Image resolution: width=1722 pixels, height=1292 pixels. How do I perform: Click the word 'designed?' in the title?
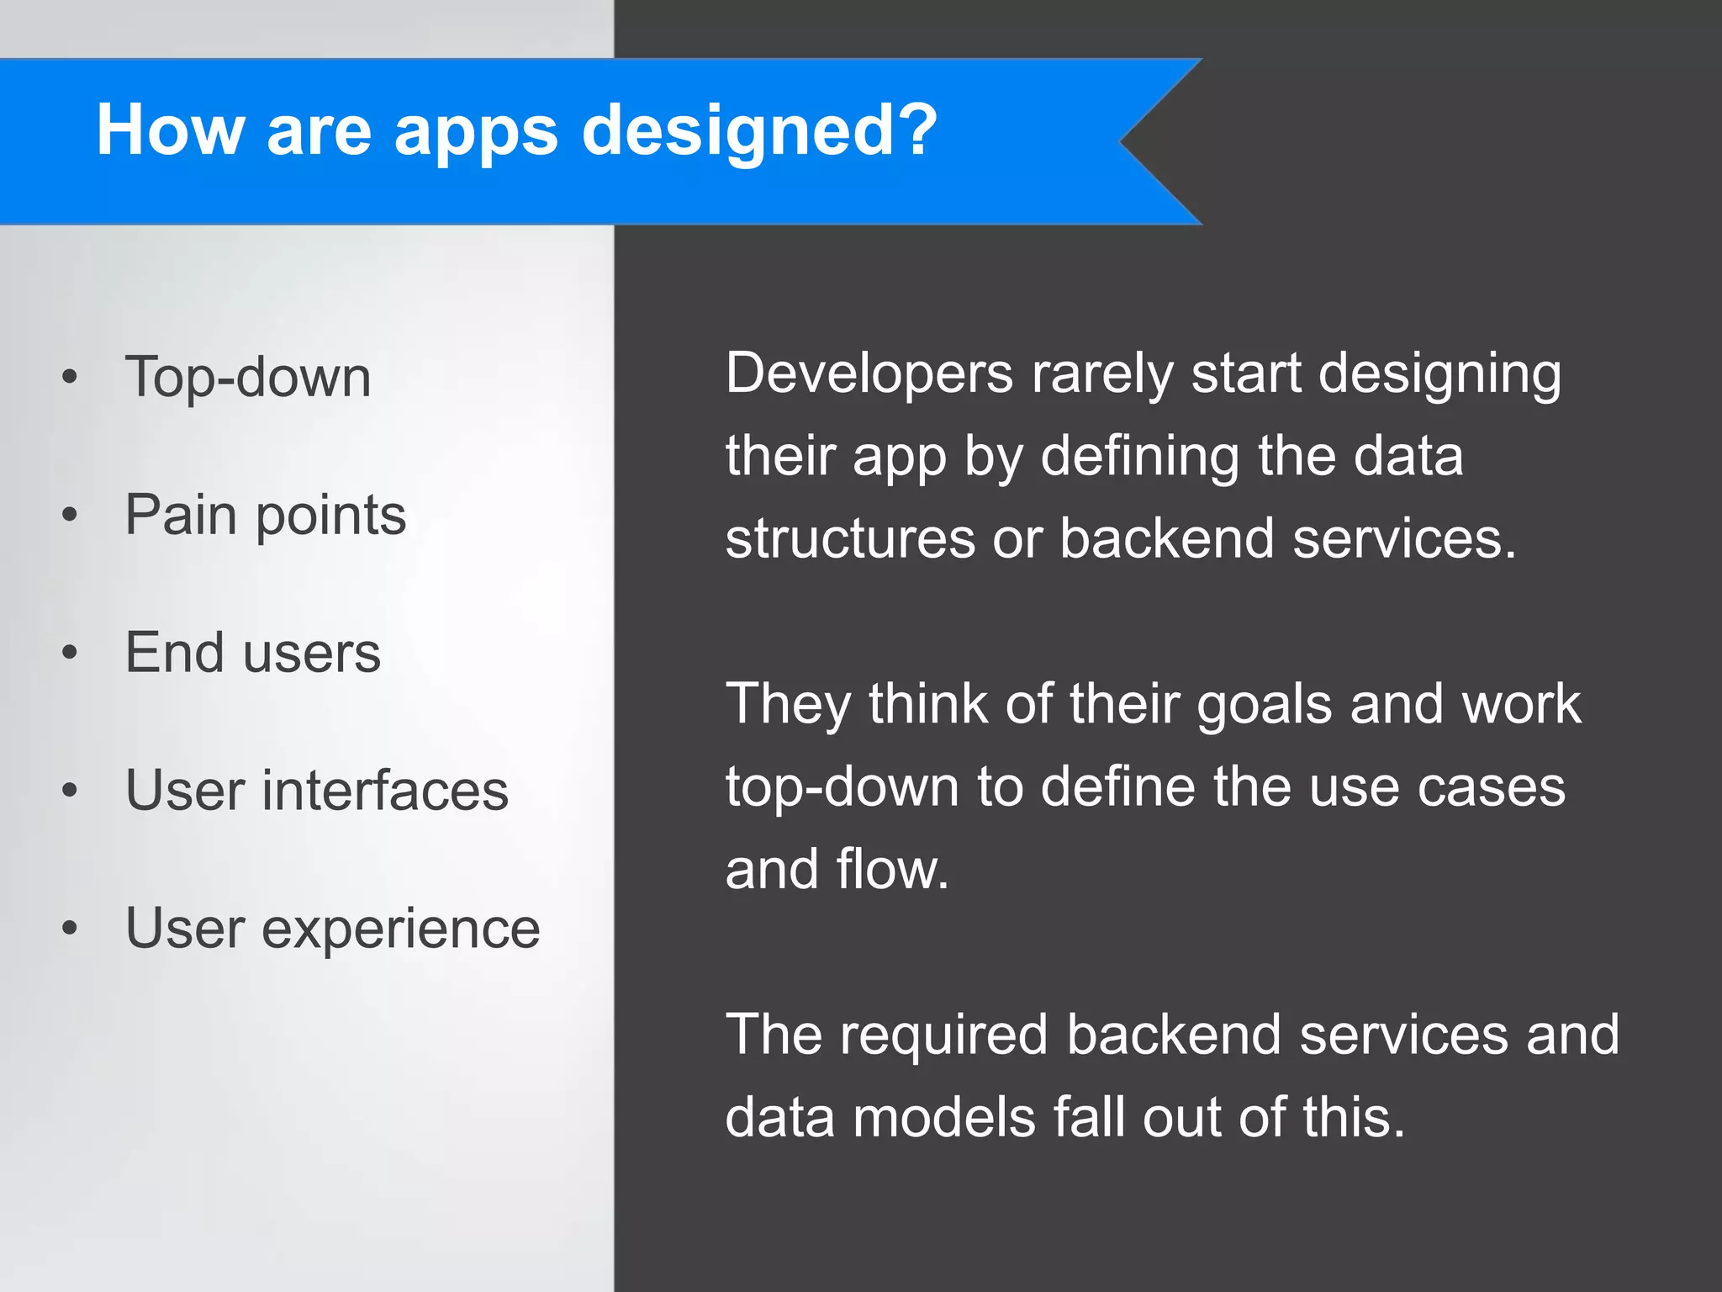(759, 132)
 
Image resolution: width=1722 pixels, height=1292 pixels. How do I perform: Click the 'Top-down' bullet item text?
(248, 377)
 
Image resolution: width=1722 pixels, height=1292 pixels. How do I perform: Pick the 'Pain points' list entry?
(265, 515)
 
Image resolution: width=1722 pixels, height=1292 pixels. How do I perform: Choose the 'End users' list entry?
(252, 653)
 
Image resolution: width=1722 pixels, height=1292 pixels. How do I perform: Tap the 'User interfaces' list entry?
(316, 791)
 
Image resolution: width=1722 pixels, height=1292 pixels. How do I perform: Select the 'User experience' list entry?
(332, 929)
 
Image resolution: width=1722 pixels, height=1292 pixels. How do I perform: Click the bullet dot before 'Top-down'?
(70, 378)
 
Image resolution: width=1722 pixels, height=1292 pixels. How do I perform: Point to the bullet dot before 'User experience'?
(70, 929)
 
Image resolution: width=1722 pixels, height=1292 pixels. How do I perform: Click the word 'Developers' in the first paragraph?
(869, 373)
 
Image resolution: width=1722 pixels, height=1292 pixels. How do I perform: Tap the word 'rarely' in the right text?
(1102, 375)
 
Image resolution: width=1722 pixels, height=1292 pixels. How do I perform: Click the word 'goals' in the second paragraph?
(1264, 705)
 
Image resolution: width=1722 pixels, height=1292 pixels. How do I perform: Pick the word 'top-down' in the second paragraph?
(842, 789)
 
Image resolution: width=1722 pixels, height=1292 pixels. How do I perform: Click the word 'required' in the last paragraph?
(944, 1036)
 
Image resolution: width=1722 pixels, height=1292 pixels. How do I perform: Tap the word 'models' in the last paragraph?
(943, 1117)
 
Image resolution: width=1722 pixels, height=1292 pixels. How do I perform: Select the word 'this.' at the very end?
(1353, 1117)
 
